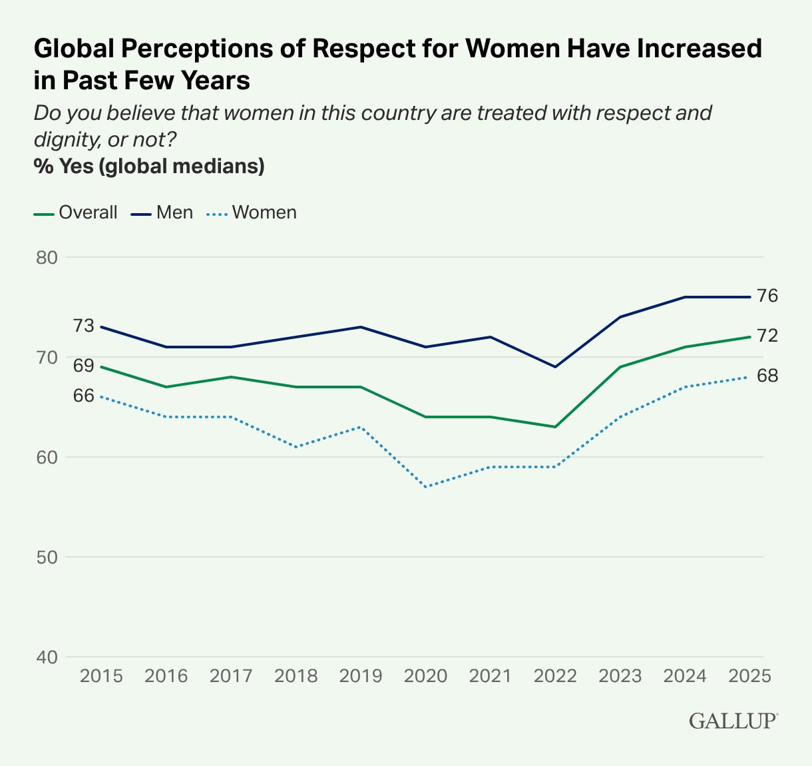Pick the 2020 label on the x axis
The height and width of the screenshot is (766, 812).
pyautogui.click(x=426, y=675)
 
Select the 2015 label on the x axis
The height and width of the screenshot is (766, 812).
pyautogui.click(x=101, y=675)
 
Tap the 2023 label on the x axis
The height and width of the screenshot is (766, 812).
pyautogui.click(x=620, y=675)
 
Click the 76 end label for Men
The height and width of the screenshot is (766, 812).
pyautogui.click(x=767, y=296)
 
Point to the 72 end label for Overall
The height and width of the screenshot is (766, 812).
pyautogui.click(x=767, y=336)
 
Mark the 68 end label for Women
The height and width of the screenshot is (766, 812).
pyautogui.click(x=767, y=376)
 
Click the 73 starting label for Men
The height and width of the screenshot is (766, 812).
pyautogui.click(x=83, y=326)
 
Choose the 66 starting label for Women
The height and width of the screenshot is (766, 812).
pyautogui.click(x=83, y=396)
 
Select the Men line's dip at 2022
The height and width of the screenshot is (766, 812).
pyautogui.click(x=555, y=366)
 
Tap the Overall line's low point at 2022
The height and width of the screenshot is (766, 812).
pyautogui.click(x=555, y=426)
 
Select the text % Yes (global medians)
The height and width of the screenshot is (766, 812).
pyautogui.click(x=150, y=166)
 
